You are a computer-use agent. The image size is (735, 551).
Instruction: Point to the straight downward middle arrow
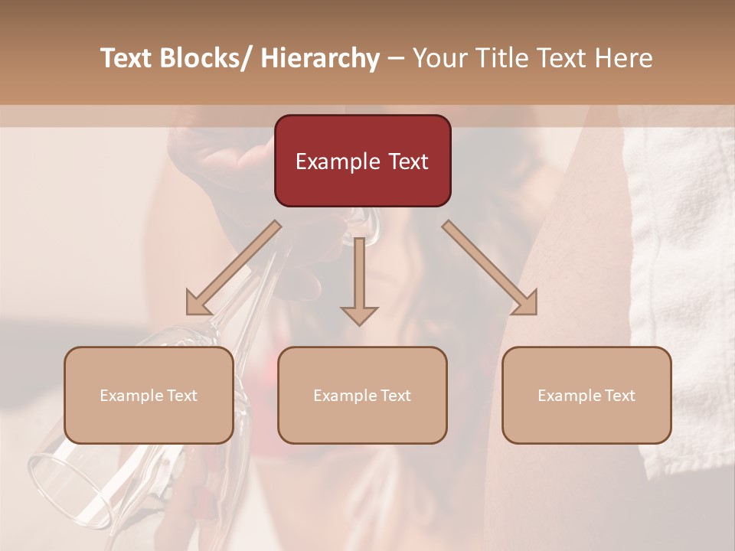pos(359,283)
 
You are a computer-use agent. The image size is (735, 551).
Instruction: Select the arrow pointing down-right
pos(490,268)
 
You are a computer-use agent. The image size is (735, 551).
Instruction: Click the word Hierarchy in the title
pos(320,58)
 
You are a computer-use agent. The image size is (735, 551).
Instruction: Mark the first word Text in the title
pos(128,58)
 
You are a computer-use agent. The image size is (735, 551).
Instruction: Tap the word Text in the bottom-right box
pos(619,396)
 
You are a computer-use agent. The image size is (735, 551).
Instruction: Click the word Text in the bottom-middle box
pos(394,396)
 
